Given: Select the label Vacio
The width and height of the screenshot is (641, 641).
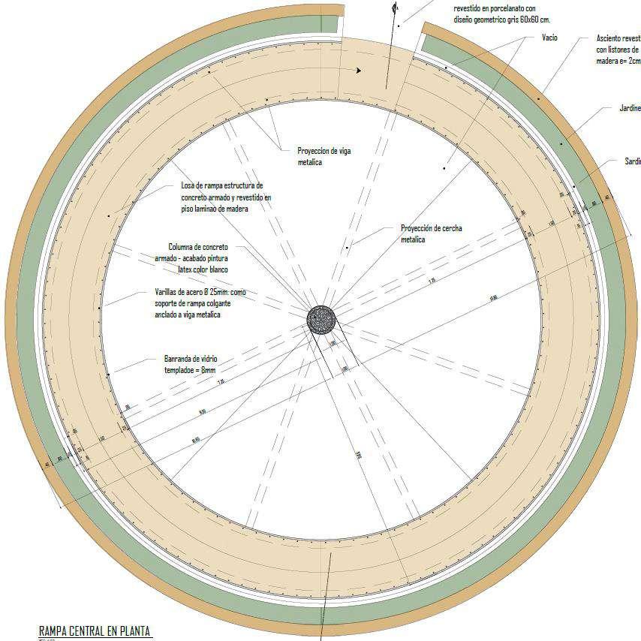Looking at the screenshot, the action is coord(549,37).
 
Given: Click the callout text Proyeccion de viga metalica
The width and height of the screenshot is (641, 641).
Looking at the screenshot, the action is coord(324,156).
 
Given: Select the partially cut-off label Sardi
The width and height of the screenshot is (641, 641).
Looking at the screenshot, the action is coord(632,161).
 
